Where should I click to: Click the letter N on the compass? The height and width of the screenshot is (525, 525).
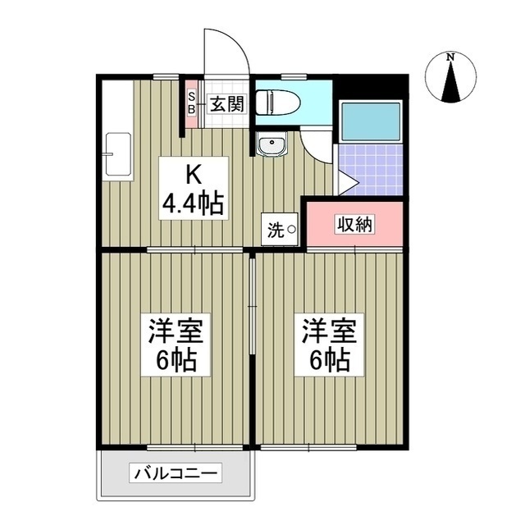[450, 57]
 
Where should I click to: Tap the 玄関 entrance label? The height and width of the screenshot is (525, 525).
[226, 104]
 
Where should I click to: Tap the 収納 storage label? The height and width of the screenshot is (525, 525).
[354, 224]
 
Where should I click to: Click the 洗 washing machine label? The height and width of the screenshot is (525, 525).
[274, 231]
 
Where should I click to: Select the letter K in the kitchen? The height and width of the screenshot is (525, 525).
[194, 175]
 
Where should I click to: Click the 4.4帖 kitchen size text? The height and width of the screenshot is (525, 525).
[194, 203]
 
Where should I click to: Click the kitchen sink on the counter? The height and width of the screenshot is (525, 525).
[116, 153]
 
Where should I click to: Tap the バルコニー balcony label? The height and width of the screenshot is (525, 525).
[175, 473]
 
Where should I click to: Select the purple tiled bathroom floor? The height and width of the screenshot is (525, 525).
[370, 169]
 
